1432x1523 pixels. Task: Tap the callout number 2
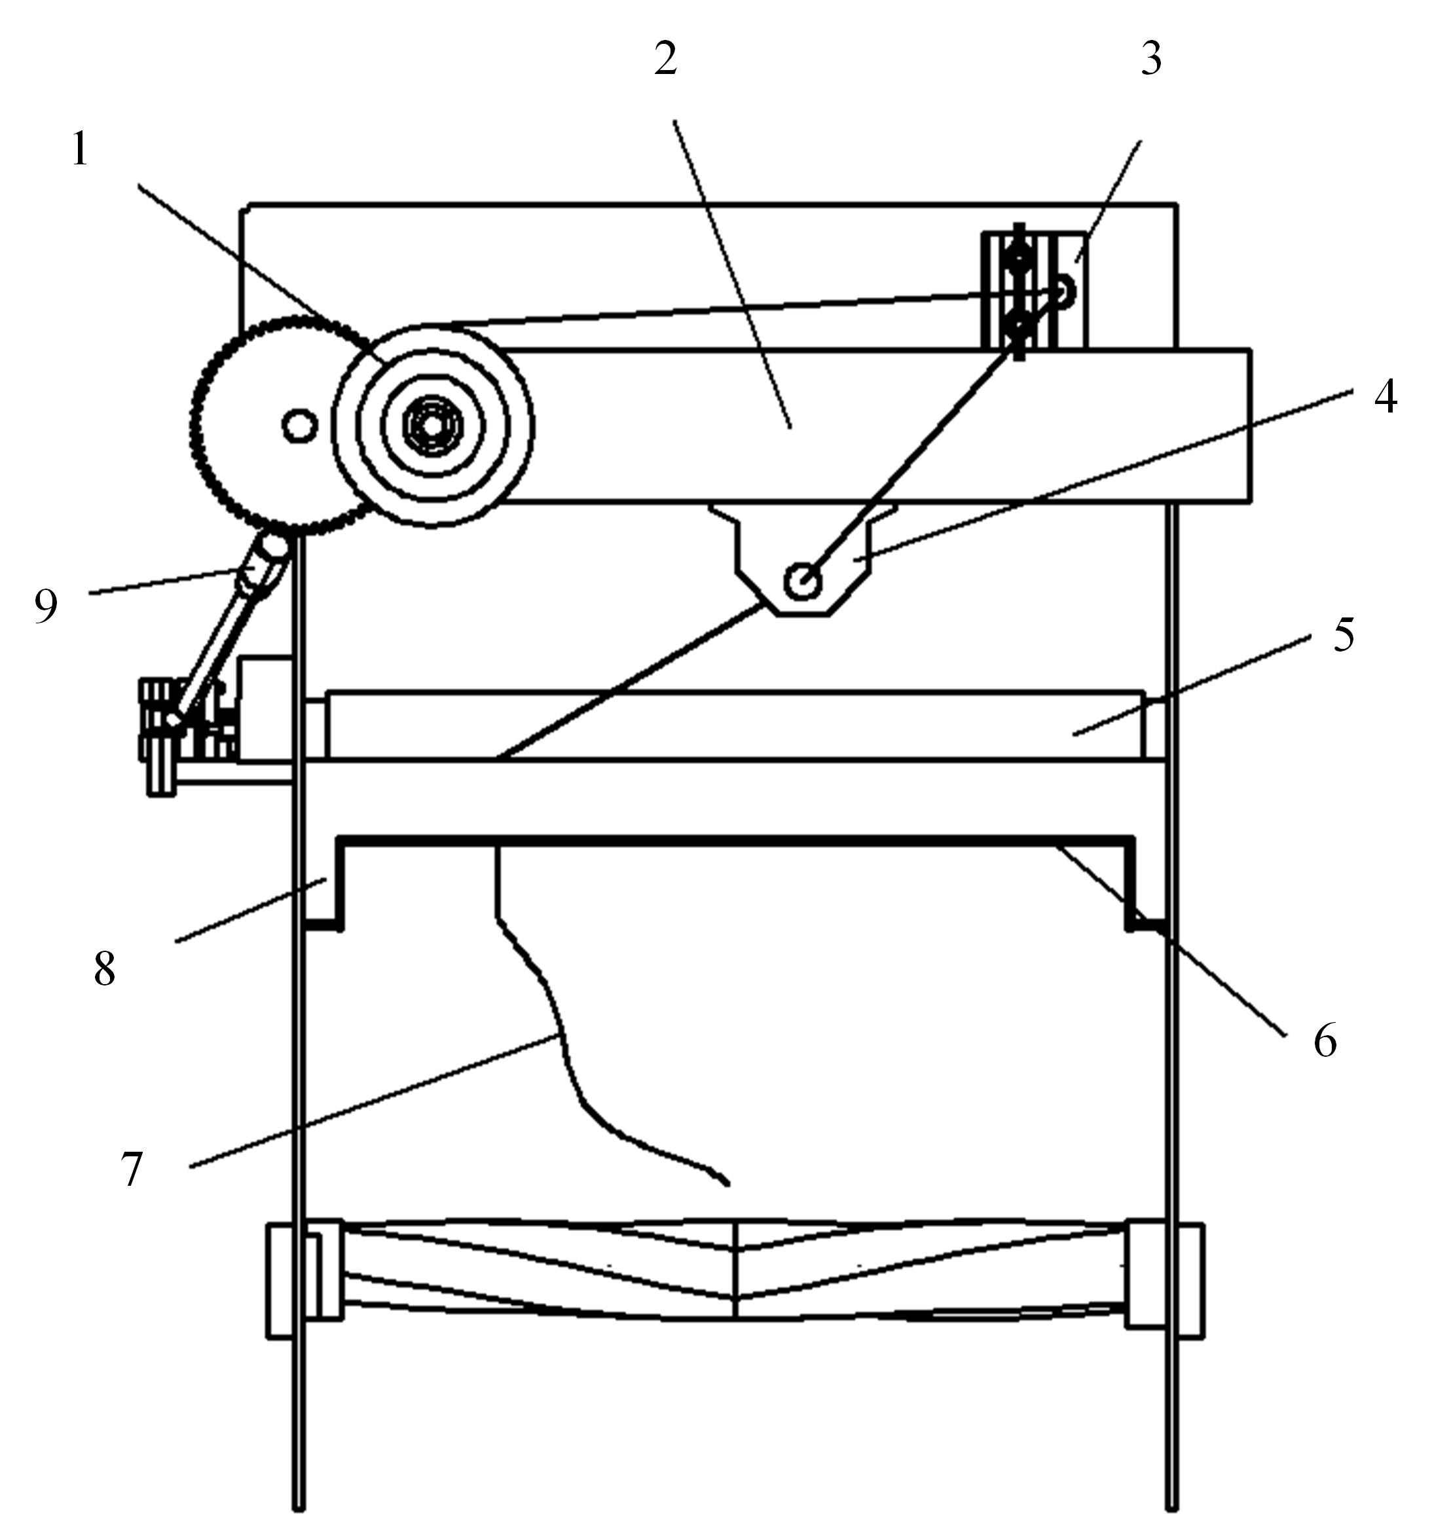pos(666,58)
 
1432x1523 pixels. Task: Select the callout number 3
pos(1151,58)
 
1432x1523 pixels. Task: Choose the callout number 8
pos(104,968)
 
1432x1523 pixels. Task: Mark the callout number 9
pos(46,607)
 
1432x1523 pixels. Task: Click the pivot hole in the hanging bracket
pos(802,581)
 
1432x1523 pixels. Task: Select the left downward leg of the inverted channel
pos(325,883)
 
